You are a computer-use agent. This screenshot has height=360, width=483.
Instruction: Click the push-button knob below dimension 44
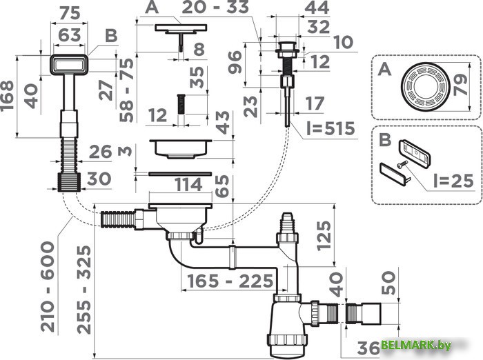pos(286,50)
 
